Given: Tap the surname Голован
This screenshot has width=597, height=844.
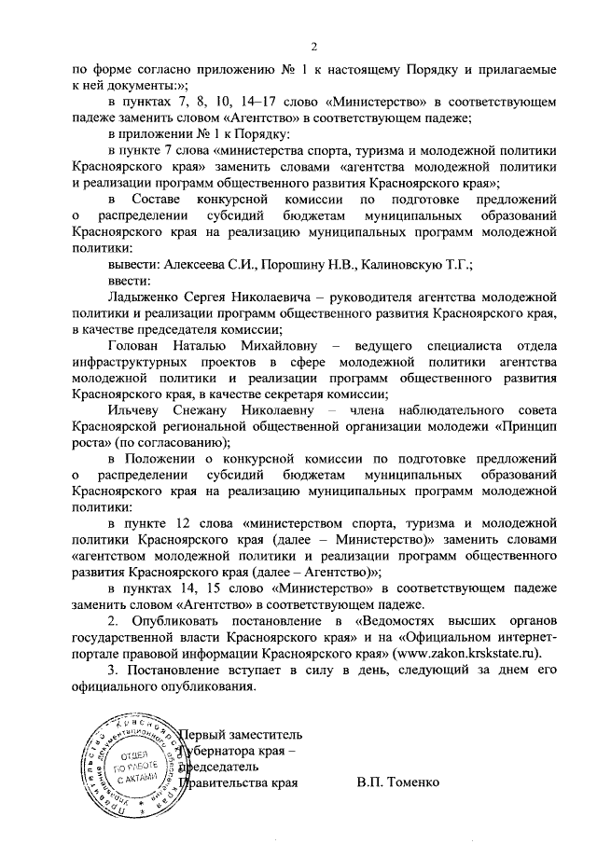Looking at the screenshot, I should [138, 345].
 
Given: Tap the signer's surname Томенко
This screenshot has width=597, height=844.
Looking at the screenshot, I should [407, 782].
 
